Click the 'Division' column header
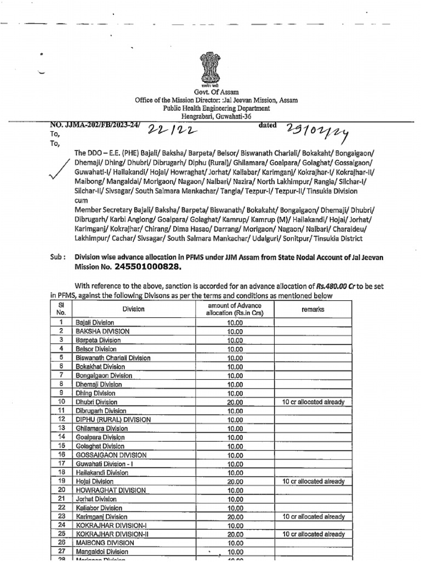(134, 309)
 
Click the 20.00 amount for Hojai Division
(235, 481)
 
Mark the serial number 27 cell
(62, 552)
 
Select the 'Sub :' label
(58, 256)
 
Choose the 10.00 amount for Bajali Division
(235, 323)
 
